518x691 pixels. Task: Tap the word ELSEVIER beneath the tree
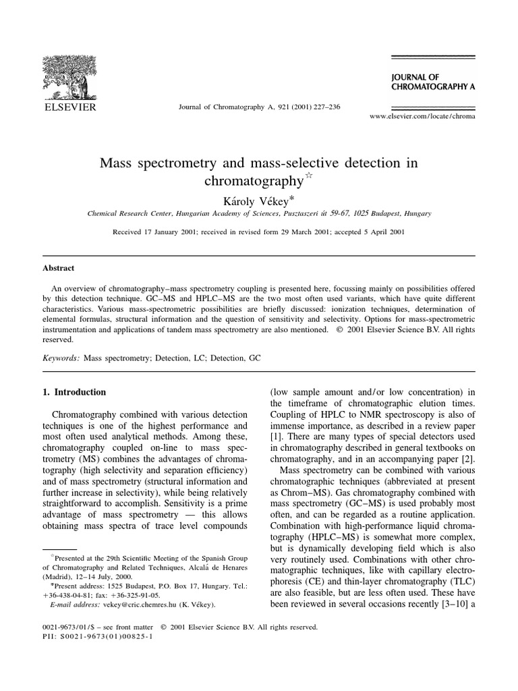click(71, 107)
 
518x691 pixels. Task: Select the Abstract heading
click(60, 268)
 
